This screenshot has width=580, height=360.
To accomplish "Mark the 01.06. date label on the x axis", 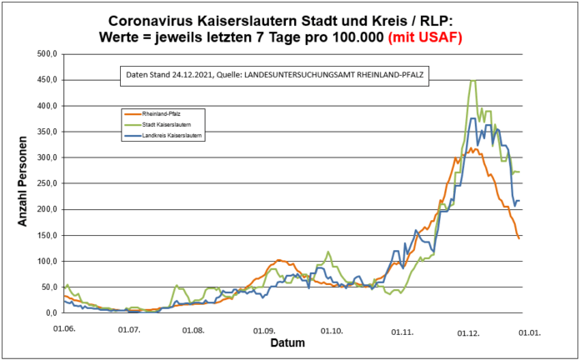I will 65,331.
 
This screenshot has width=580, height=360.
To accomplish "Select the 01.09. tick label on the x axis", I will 264,331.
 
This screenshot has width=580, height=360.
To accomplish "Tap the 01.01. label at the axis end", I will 531,331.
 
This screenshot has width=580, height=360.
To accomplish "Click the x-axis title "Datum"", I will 287,342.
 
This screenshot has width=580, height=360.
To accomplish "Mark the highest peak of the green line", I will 472,81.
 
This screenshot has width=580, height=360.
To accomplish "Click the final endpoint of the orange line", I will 519,238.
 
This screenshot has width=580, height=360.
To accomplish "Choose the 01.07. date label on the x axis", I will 129,331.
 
